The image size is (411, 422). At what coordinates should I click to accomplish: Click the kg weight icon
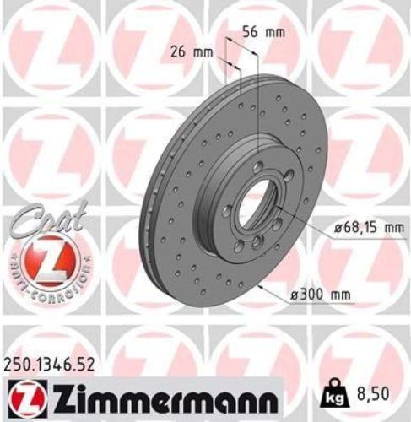click(x=332, y=393)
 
